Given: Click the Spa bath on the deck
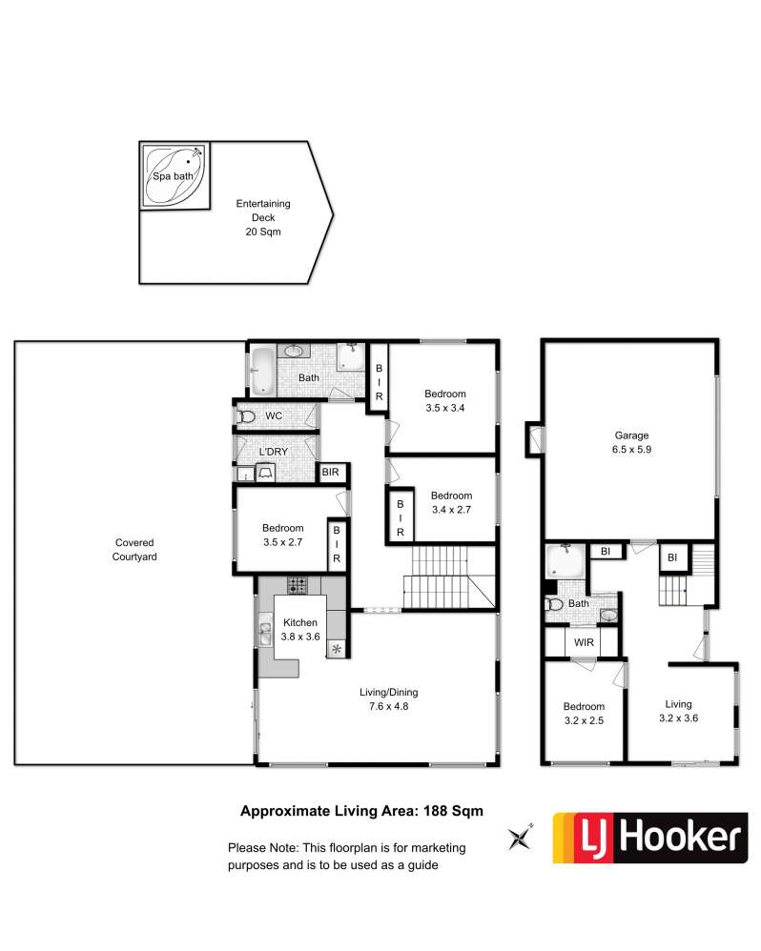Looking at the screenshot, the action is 175,176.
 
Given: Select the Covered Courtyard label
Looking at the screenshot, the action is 134,550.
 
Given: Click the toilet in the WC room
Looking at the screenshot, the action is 246,416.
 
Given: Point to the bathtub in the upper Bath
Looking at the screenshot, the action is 263,371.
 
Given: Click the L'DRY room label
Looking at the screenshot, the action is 273,452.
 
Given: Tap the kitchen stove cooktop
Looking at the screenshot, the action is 298,585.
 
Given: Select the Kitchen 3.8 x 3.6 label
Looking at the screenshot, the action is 299,630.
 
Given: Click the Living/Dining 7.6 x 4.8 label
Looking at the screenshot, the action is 388,699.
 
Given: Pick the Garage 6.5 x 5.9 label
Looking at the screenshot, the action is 631,442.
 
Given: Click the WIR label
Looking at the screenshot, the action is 584,642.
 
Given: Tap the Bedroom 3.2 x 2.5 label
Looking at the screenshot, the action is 584,713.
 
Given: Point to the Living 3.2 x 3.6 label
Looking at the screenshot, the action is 678,711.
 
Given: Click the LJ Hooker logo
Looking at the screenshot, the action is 650,838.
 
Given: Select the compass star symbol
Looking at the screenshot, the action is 521,838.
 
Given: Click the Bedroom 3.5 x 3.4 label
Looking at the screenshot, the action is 444,401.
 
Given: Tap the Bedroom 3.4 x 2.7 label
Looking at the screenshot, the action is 451,503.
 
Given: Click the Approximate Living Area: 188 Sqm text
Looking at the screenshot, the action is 361,811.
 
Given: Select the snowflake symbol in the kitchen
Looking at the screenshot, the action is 337,650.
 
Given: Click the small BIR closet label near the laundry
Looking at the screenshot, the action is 330,472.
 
